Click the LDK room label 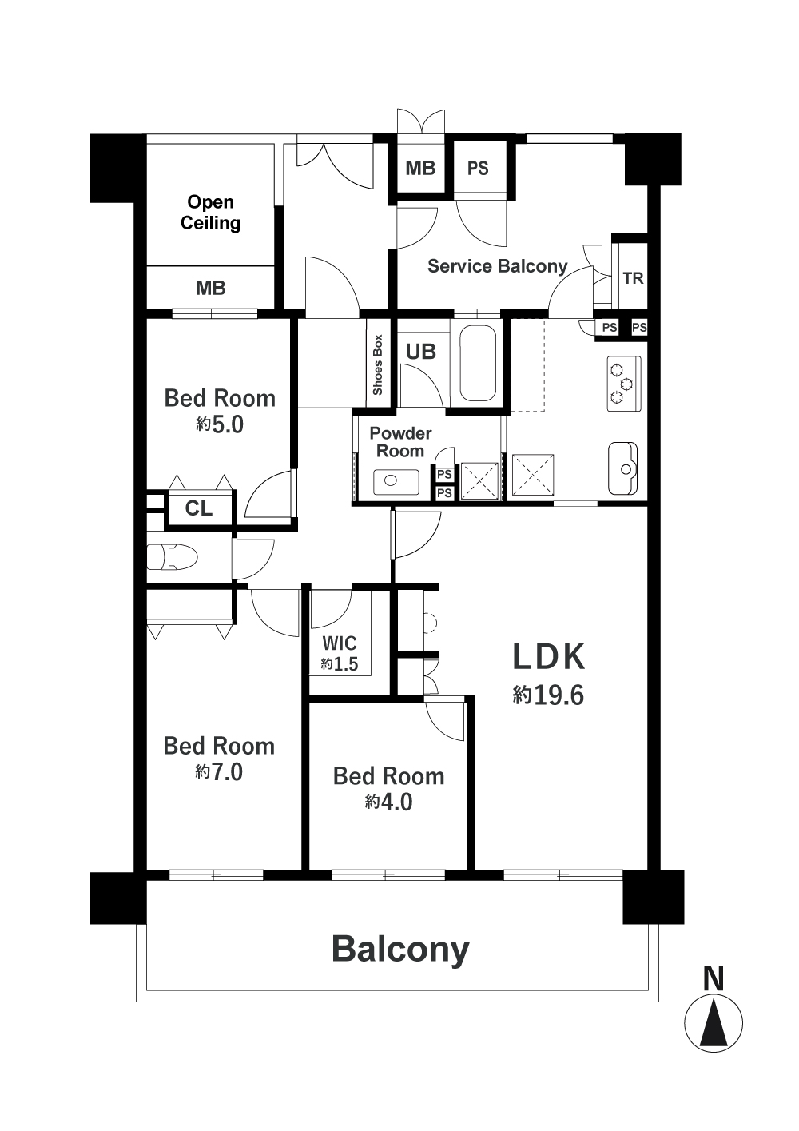[549, 657]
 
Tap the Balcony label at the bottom [400, 949]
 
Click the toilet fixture [172, 557]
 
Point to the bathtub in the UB [478, 362]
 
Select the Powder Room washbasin [396, 482]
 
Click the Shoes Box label [378, 364]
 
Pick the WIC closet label [340, 643]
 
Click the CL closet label [199, 508]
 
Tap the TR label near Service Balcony [633, 278]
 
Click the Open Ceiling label [210, 212]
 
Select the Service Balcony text [497, 266]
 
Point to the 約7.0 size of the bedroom [219, 772]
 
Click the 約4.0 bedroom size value [388, 802]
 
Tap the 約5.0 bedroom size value [220, 424]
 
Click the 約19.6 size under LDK [549, 695]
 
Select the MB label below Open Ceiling [210, 289]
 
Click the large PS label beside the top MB [478, 168]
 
